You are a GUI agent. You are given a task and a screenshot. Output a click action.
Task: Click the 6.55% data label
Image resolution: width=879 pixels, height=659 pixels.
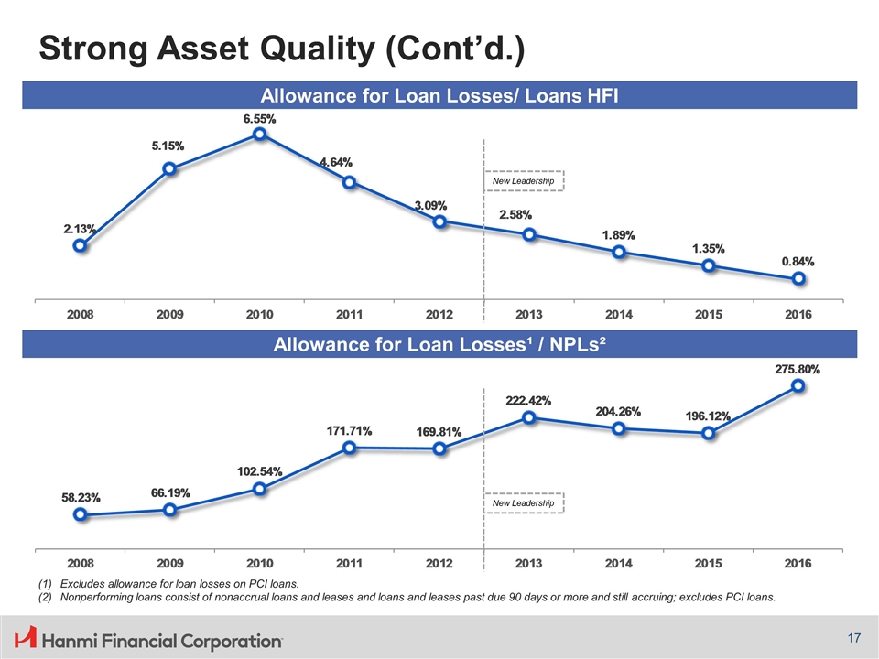click(260, 119)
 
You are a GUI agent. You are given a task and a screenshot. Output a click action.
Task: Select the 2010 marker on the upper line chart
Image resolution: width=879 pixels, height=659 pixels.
click(260, 135)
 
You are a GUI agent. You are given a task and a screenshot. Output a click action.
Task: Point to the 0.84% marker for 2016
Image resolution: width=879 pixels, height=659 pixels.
click(798, 278)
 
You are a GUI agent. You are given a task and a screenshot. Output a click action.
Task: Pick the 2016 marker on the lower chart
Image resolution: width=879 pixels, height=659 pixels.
click(798, 386)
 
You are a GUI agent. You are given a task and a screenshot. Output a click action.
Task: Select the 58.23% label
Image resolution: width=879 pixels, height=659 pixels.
click(81, 498)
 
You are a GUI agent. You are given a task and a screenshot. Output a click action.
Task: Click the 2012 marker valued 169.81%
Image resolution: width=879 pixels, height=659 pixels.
click(440, 448)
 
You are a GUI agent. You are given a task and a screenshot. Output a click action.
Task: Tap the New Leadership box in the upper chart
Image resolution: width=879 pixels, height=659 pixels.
click(523, 181)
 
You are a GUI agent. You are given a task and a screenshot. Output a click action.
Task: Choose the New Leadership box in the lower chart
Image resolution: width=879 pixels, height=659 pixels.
click(523, 503)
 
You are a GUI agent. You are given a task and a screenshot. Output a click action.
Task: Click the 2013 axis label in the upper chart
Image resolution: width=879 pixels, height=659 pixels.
click(528, 314)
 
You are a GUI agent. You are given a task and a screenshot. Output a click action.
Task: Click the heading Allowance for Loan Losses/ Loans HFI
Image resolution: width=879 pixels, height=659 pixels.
click(440, 95)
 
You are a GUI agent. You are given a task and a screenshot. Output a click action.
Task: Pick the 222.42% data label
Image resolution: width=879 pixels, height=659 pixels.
click(528, 401)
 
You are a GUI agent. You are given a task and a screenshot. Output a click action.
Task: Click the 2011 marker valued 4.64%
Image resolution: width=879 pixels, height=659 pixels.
click(350, 182)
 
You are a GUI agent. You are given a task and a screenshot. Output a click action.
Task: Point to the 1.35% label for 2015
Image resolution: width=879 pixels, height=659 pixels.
click(708, 248)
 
